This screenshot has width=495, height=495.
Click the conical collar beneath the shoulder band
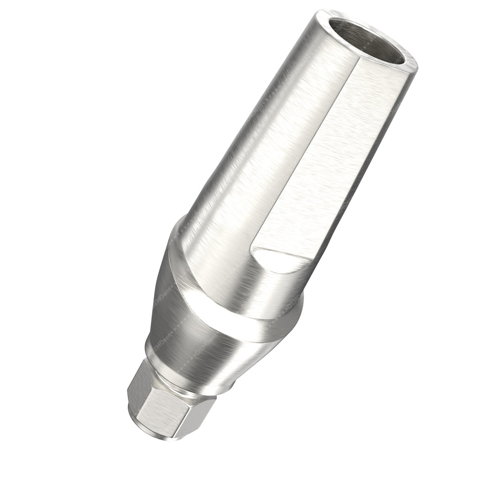208,346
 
